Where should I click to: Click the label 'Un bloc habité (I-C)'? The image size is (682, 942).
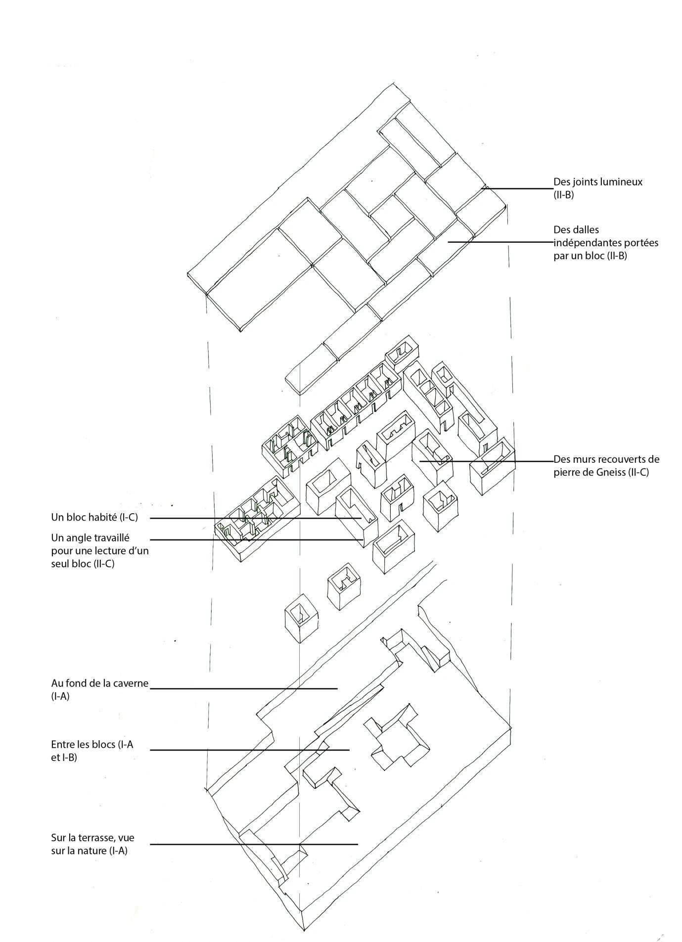click(94, 517)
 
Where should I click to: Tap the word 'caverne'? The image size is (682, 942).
click(131, 683)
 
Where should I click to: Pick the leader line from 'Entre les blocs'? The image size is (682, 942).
click(249, 750)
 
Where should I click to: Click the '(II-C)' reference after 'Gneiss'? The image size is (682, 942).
click(638, 472)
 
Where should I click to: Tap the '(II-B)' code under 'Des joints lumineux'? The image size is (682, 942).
click(563, 195)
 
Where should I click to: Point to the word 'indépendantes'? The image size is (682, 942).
click(584, 243)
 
